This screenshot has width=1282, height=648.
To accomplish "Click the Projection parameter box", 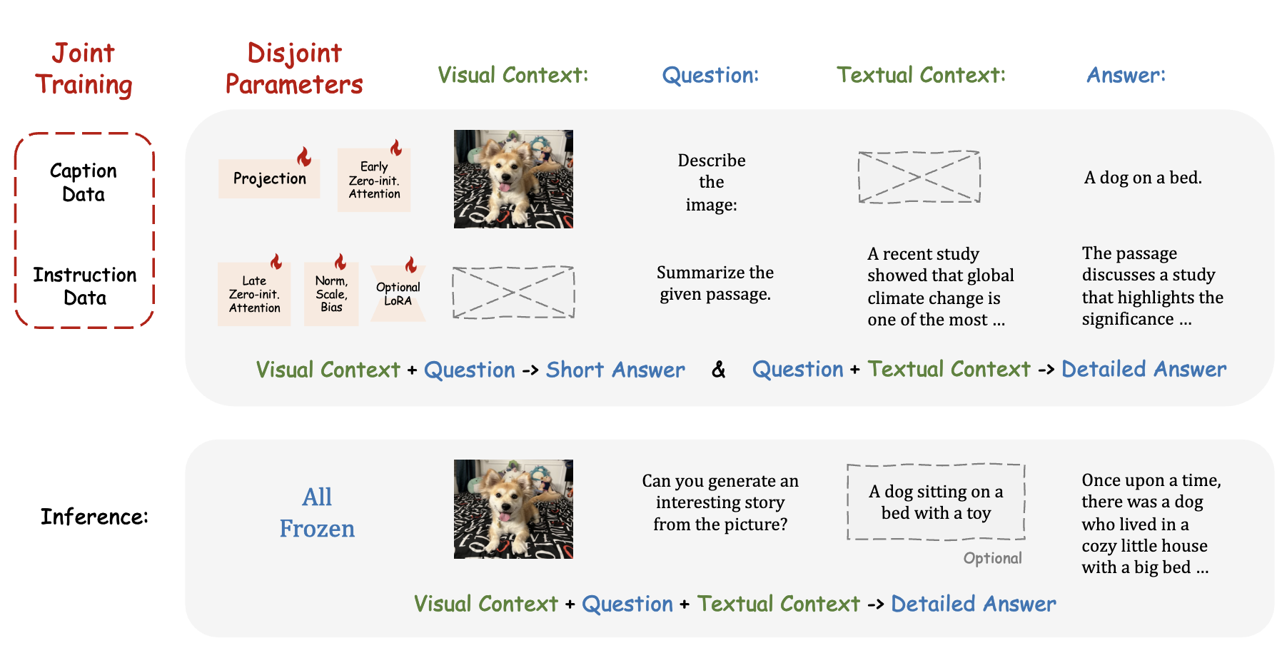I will click(x=269, y=178).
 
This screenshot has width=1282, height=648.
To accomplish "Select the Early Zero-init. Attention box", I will click(x=374, y=181).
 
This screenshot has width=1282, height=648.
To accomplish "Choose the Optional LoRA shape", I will click(x=398, y=294).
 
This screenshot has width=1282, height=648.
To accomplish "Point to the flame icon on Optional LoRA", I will click(x=411, y=265).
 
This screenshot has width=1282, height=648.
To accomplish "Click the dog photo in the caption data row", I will click(x=513, y=179).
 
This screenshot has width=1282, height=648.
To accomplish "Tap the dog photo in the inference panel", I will click(x=513, y=509).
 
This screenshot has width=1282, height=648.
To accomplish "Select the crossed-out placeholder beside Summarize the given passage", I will click(x=513, y=293).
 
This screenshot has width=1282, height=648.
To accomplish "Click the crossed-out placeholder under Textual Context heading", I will click(x=919, y=177).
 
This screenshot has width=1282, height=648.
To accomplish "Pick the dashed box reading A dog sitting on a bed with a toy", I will click(x=936, y=502).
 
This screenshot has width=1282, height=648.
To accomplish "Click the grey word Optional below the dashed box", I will click(x=992, y=558).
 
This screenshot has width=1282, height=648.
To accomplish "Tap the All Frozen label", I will click(x=317, y=512).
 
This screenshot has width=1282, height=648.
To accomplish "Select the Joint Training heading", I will click(x=84, y=69).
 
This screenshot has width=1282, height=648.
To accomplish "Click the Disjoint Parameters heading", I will click(x=294, y=69).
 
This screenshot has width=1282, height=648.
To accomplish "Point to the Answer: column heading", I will click(x=1126, y=75).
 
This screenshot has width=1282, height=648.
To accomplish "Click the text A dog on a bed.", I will click(x=1143, y=178).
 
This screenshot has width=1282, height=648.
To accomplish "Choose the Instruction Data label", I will click(x=85, y=286).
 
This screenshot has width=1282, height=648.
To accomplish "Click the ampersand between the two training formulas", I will click(x=718, y=370).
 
